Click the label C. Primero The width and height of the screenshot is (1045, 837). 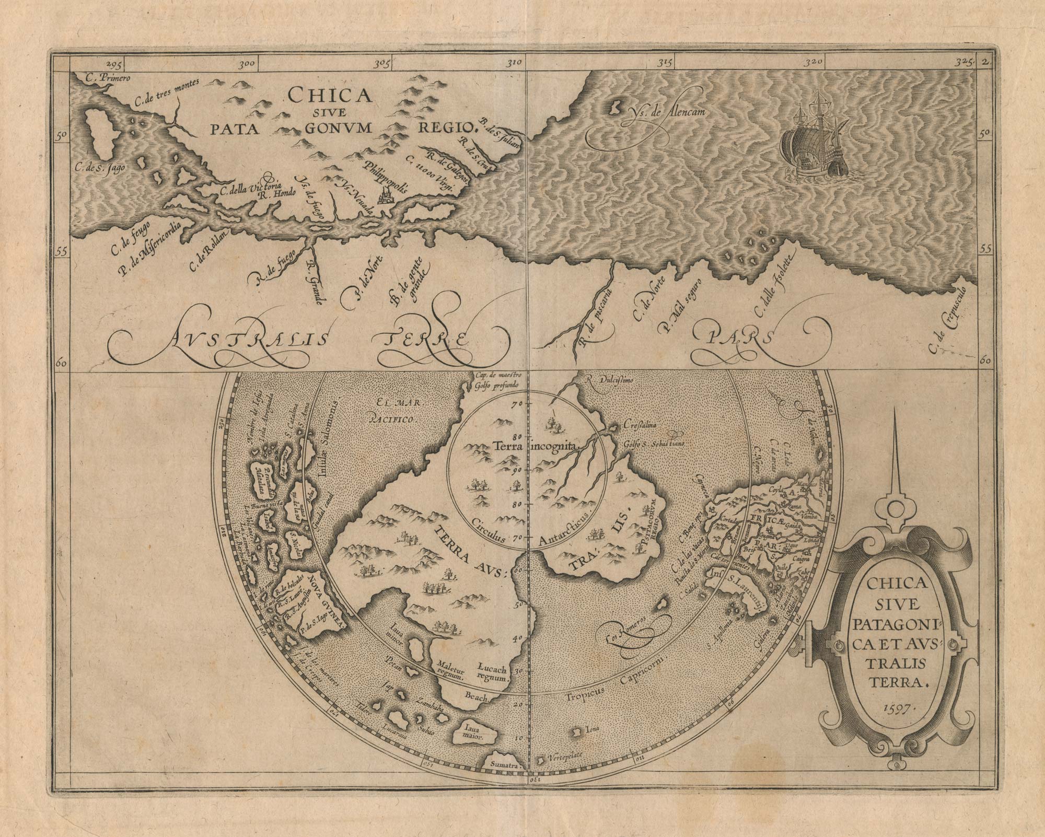107,78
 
